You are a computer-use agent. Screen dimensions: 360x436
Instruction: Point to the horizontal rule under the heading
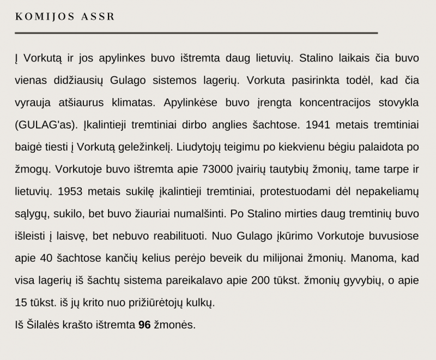pos(196,33)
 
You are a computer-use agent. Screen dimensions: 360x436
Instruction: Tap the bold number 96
pos(144,325)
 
